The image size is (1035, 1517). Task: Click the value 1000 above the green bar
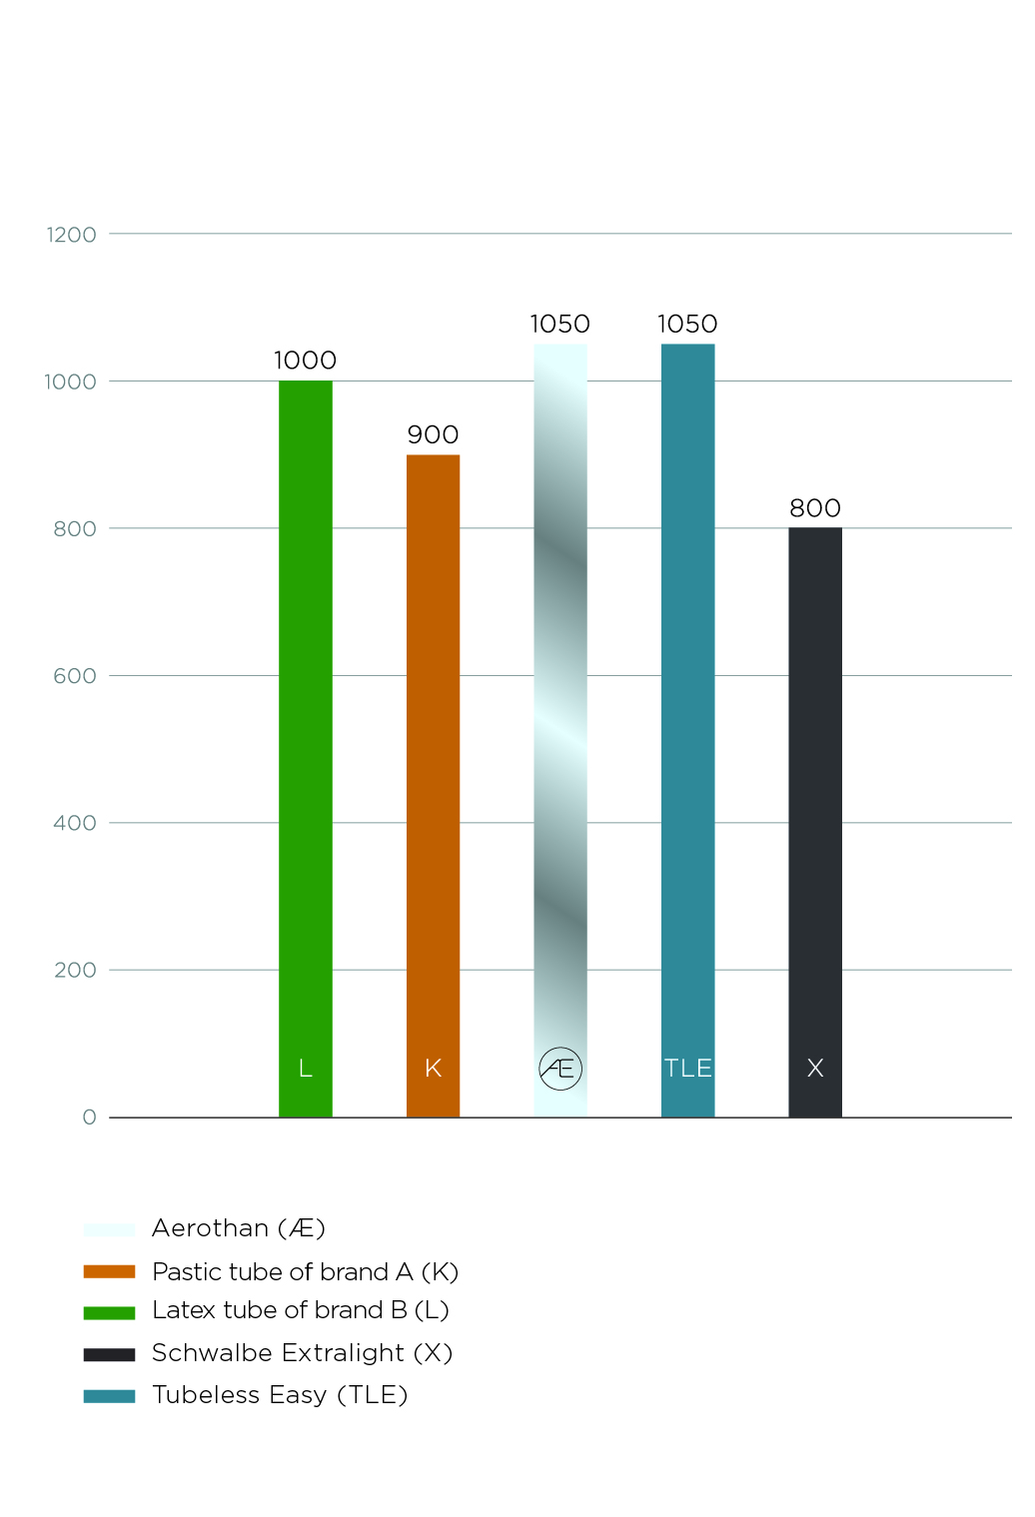pyautogui.click(x=305, y=361)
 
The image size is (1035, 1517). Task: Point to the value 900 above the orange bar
pyautogui.click(x=433, y=434)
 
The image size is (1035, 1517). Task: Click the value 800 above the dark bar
pyautogui.click(x=814, y=508)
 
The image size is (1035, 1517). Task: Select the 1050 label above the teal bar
pyautogui.click(x=687, y=324)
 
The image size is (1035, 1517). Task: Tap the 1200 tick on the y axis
pyautogui.click(x=72, y=235)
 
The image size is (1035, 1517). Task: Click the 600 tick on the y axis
pyautogui.click(x=75, y=676)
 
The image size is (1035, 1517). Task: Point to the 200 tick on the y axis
pyautogui.click(x=75, y=971)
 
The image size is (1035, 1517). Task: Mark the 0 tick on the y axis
pyautogui.click(x=90, y=1118)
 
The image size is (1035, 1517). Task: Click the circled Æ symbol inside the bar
pyautogui.click(x=560, y=1069)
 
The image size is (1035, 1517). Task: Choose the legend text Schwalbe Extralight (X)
pyautogui.click(x=302, y=1353)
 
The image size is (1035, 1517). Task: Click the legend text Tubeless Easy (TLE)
pyautogui.click(x=280, y=1395)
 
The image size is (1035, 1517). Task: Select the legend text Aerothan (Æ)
pyautogui.click(x=239, y=1228)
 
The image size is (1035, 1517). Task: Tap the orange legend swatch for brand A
pyautogui.click(x=109, y=1271)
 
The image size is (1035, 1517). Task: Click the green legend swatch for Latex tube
pyautogui.click(x=109, y=1312)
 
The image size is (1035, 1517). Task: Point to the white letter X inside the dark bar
pyautogui.click(x=815, y=1069)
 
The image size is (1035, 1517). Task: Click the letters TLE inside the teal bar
pyautogui.click(x=687, y=1069)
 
